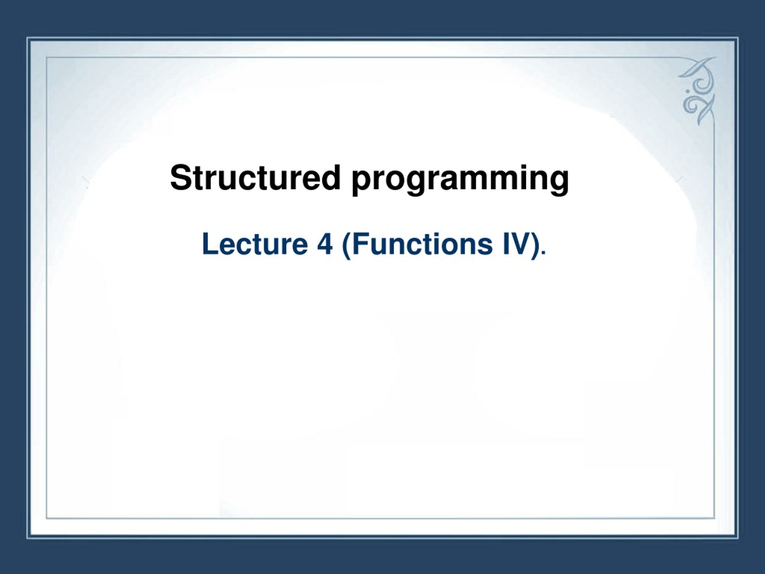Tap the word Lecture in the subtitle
[x=255, y=244]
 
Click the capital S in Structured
[x=180, y=178]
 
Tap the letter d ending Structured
[x=331, y=178]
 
